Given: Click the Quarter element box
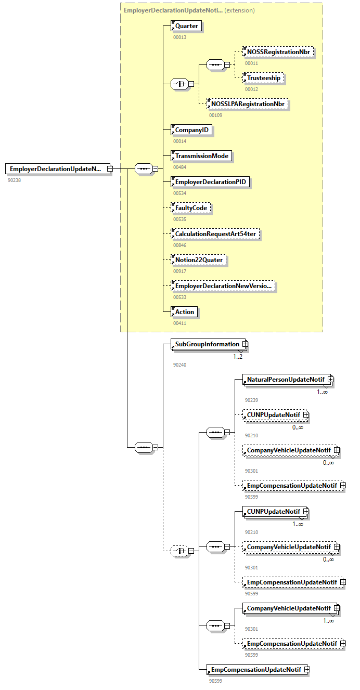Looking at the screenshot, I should pyautogui.click(x=186, y=26).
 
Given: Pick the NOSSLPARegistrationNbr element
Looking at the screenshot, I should pyautogui.click(x=248, y=104).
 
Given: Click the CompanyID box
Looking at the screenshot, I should pyautogui.click(x=192, y=130).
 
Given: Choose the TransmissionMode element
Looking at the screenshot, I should pyautogui.click(x=202, y=156).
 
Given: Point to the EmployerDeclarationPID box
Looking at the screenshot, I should pyautogui.click(x=211, y=182).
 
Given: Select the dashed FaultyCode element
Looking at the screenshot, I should pyautogui.click(x=191, y=208).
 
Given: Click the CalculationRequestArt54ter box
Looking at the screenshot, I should pyautogui.click(x=215, y=234).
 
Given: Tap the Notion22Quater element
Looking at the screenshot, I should pyautogui.click(x=199, y=260).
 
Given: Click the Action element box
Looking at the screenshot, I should pyautogui.click(x=185, y=312).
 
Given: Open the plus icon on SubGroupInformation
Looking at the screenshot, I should pyautogui.click(x=245, y=344).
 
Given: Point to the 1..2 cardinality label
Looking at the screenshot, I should pyautogui.click(x=238, y=357).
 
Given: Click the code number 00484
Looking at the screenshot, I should pyautogui.click(x=179, y=167).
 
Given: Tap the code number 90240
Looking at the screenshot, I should pyautogui.click(x=179, y=364).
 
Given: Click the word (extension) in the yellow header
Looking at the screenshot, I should pyautogui.click(x=240, y=10).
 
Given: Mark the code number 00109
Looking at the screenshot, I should pyautogui.click(x=215, y=115).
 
